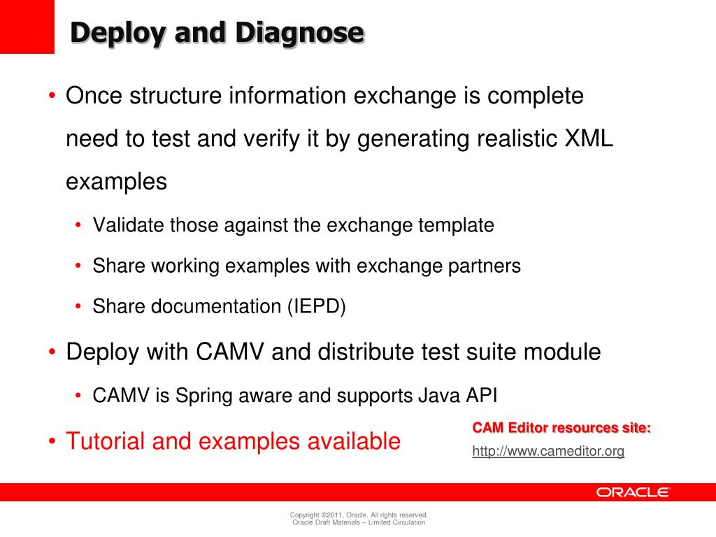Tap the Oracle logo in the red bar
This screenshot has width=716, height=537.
[x=633, y=492]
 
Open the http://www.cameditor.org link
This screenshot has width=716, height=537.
[x=548, y=452]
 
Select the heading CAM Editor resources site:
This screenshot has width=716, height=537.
[x=561, y=428]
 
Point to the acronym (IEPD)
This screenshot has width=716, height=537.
[x=315, y=306]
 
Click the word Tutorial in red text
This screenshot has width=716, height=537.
[x=105, y=441]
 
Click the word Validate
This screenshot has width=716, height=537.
[x=129, y=225]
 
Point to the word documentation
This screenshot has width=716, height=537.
[x=213, y=306]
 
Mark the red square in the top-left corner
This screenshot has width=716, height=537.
[x=27, y=27]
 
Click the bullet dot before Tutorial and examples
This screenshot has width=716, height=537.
[x=52, y=442]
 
